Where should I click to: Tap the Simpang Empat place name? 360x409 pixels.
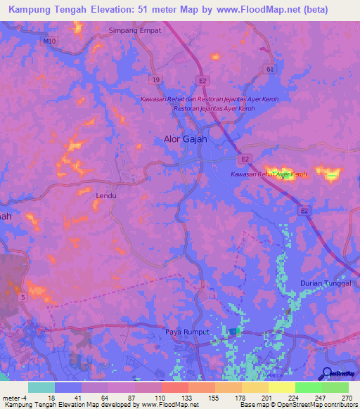[x=135, y=31]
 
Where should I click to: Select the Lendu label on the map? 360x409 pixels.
[x=105, y=196]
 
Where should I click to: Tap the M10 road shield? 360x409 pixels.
[x=49, y=41]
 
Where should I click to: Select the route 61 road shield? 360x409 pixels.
[x=270, y=70]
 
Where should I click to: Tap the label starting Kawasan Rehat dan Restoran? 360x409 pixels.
[x=209, y=99]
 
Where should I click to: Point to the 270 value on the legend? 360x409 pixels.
[x=346, y=397]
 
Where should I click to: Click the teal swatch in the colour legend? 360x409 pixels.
[x=41, y=387]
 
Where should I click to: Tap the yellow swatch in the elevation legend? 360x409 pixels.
[x=281, y=387]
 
